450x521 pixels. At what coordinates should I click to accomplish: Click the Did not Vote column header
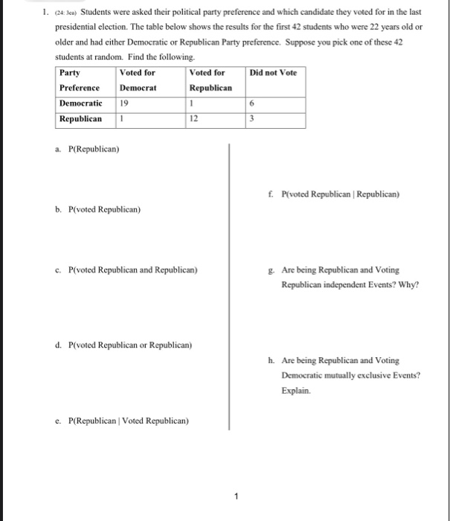273,73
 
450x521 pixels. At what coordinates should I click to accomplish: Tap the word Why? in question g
408,284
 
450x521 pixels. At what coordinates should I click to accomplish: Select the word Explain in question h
295,390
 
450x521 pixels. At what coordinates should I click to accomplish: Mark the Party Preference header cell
80,80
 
